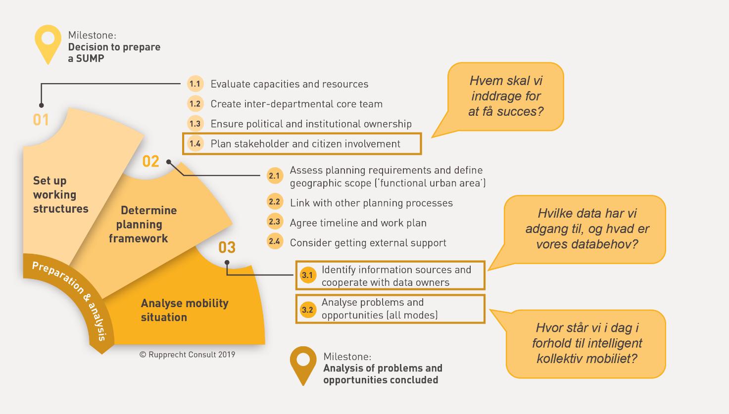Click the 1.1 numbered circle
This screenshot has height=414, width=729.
(195, 84)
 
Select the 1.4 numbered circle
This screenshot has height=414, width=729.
(195, 144)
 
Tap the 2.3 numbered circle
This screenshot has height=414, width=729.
(274, 222)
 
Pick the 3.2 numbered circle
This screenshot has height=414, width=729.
(307, 310)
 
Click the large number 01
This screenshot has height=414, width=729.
(41, 120)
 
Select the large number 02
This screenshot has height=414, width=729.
(151, 161)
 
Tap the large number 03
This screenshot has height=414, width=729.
(227, 247)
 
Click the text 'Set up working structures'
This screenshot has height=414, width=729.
(60, 195)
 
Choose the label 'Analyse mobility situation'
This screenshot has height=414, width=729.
(185, 310)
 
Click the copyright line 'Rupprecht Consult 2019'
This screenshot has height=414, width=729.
(188, 355)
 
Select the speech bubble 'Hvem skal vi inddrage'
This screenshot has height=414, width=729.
(506, 96)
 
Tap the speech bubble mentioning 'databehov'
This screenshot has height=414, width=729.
(587, 229)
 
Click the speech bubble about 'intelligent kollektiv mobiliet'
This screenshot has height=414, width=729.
(587, 343)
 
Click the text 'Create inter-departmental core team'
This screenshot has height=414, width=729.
(296, 104)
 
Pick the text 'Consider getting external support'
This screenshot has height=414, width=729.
(368, 243)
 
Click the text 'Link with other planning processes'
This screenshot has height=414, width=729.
(371, 203)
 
